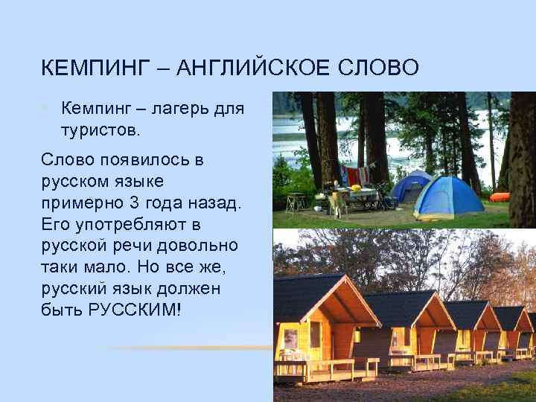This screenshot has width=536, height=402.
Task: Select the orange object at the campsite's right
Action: [x=500, y=197]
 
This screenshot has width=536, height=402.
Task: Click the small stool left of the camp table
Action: [x=296, y=200]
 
